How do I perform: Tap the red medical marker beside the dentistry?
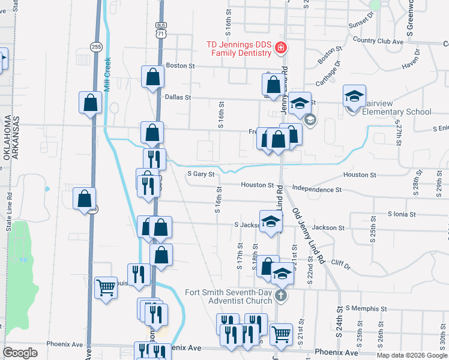click(x=280, y=47)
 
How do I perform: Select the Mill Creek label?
click(x=107, y=74)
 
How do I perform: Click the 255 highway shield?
click(x=95, y=46)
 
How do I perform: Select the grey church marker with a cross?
click(x=280, y=295)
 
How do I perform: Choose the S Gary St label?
click(x=200, y=175)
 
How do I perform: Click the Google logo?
click(x=20, y=353)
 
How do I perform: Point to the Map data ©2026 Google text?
click(x=411, y=355)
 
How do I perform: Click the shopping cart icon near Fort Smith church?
click(x=281, y=335)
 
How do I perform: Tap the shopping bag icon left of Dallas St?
click(x=152, y=77)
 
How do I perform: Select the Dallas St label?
click(x=178, y=97)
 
